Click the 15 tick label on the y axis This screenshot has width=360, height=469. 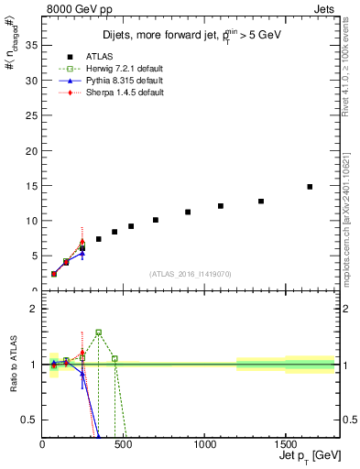pos(33,186)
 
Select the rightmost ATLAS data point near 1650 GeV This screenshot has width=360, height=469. pos(310,187)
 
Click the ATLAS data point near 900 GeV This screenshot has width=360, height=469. pos(188,212)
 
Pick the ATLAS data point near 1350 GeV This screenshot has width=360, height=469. pos(261,202)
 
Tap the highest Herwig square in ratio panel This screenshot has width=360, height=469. pos(98,333)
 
